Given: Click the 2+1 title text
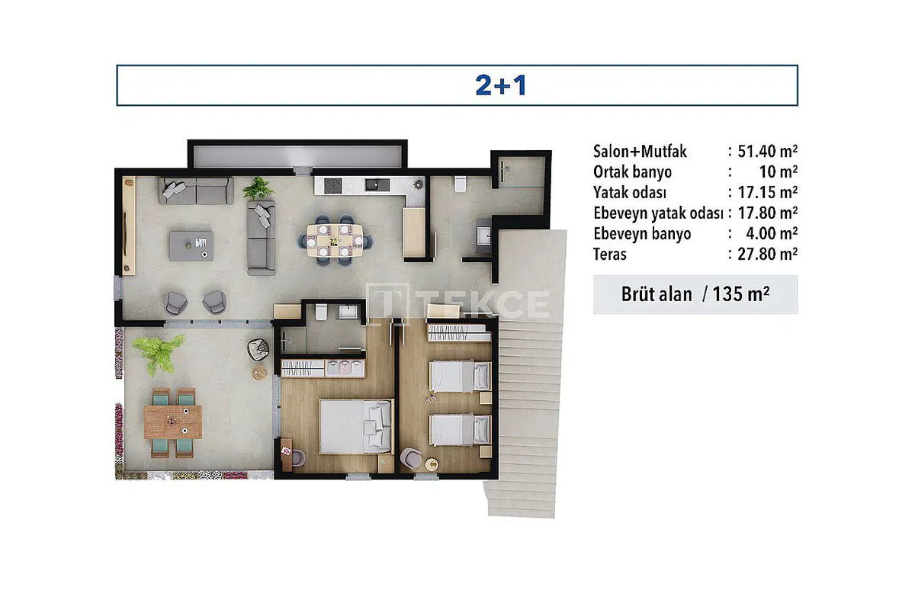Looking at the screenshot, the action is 501,86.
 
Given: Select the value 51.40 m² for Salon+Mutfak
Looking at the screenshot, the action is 767,152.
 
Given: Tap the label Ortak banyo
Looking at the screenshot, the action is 632,172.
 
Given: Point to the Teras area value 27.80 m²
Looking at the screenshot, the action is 767,254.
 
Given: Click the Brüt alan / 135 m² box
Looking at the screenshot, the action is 695,294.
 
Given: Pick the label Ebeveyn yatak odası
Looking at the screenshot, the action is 658,213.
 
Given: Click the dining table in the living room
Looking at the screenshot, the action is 335,241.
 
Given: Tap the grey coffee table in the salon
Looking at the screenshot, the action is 191,246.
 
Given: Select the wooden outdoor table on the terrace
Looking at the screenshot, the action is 173,422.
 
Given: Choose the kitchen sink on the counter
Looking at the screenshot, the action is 377,185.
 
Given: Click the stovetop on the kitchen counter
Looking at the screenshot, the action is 332,186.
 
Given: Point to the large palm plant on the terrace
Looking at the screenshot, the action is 158,352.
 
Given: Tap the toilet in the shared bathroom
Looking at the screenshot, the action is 460,184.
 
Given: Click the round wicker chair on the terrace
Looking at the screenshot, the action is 258,350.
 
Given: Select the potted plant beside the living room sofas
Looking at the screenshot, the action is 258,188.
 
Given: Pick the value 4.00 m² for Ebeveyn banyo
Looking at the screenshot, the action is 772,234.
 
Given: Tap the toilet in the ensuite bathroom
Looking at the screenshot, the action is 321,313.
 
